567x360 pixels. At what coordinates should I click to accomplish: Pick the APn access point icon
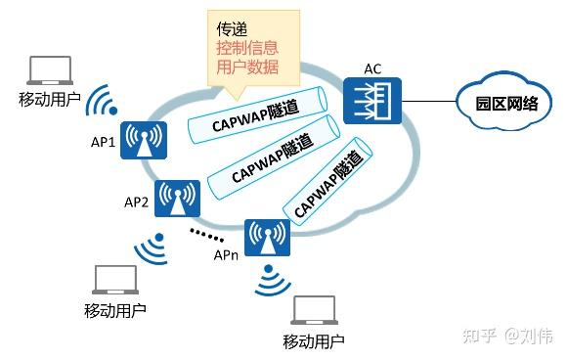point(265,238)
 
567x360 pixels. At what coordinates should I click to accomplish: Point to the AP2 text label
point(136,203)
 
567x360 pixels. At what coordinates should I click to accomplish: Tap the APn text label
point(226,255)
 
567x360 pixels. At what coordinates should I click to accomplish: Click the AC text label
point(372,68)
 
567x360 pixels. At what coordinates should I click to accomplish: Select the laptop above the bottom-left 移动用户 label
point(113,281)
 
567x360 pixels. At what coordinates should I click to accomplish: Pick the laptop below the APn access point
point(313,311)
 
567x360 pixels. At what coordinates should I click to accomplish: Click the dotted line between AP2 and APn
point(205,234)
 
